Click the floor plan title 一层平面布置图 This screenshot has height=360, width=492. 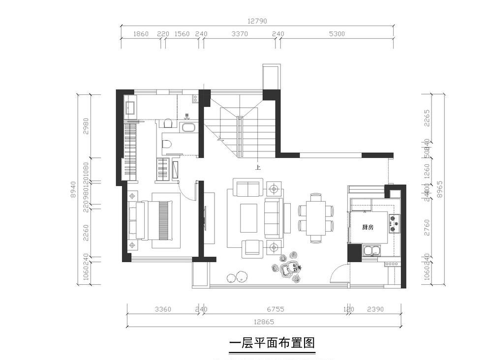coord(272,343)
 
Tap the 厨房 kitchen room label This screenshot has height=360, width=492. coord(367,227)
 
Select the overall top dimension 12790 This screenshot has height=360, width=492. coord(258,21)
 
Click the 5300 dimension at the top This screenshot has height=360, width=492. coord(337,34)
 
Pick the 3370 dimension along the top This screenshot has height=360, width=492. coord(240,34)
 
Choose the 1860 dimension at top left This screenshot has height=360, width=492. coord(141,34)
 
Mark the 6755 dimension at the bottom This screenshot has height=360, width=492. coord(276,309)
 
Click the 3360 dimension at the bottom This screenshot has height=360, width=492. coord(163,309)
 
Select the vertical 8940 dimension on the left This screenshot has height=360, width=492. coord(74,189)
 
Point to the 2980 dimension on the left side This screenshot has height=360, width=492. coord(87,126)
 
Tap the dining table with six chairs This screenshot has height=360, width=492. coord(315,218)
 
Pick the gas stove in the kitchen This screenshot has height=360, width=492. coord(394,223)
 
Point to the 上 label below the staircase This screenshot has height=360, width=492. coord(257,167)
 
